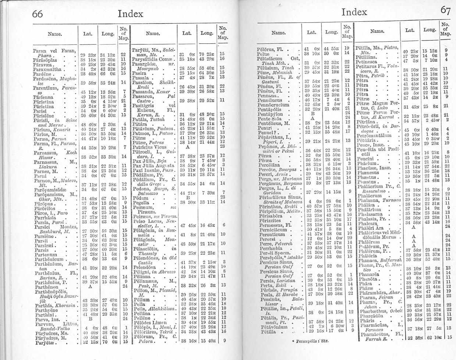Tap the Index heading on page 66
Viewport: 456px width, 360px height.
(131, 14)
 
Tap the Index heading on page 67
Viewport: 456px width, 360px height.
(354, 11)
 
